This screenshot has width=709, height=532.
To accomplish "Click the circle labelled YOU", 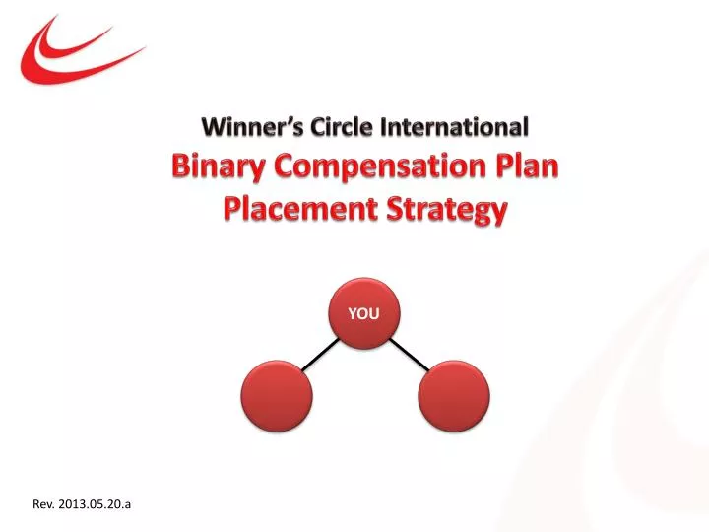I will pyautogui.click(x=363, y=312).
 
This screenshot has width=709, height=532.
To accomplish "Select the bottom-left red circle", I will pyautogui.click(x=277, y=396).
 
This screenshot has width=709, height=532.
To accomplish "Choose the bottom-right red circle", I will pyautogui.click(x=453, y=396).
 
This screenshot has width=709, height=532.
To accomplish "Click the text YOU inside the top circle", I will pyautogui.click(x=363, y=313).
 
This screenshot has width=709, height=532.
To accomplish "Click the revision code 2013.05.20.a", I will pyautogui.click(x=95, y=504).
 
